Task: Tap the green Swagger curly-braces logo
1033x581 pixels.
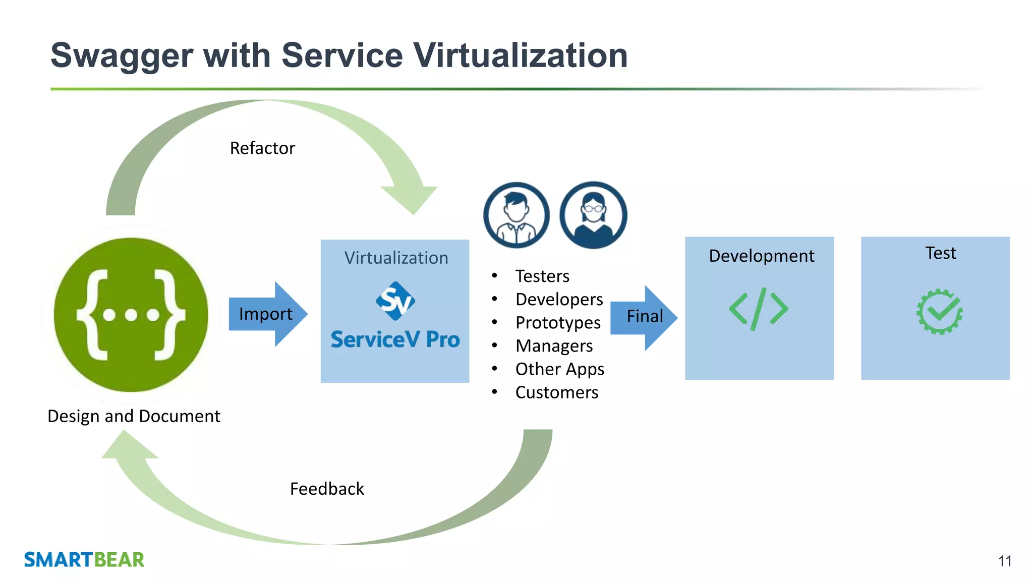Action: point(131,315)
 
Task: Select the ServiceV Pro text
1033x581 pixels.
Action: point(395,339)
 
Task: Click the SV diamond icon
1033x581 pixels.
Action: point(395,301)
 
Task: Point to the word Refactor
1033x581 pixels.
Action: point(262,148)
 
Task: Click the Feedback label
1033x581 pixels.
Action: point(327,489)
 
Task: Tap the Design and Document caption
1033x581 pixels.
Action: point(134,416)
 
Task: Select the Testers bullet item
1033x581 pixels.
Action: point(542,276)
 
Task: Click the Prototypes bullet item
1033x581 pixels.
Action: point(558,323)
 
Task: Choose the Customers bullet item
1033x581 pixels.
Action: point(557,392)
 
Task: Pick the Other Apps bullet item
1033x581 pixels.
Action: point(560,369)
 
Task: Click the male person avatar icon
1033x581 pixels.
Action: point(516,215)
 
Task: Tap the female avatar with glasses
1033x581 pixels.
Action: point(593,215)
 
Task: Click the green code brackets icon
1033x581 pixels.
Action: point(758,309)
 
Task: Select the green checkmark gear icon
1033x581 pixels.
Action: point(939,312)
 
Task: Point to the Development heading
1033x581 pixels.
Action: point(761,256)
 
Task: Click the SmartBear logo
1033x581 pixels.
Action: point(84,560)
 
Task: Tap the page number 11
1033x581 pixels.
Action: point(1004,561)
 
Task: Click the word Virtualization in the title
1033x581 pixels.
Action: point(520,55)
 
